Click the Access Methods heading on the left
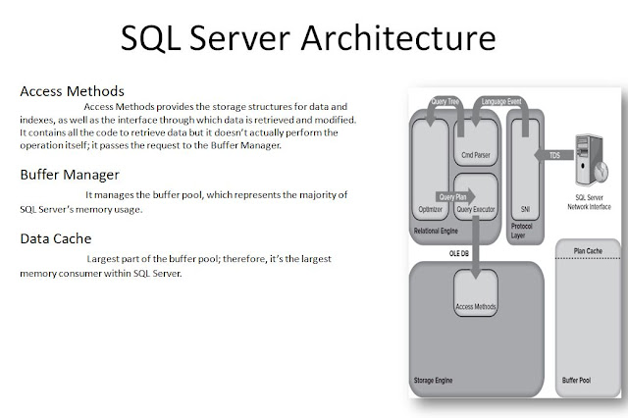tap(72, 91)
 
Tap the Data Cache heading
tap(57, 238)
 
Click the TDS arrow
tap(555, 155)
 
